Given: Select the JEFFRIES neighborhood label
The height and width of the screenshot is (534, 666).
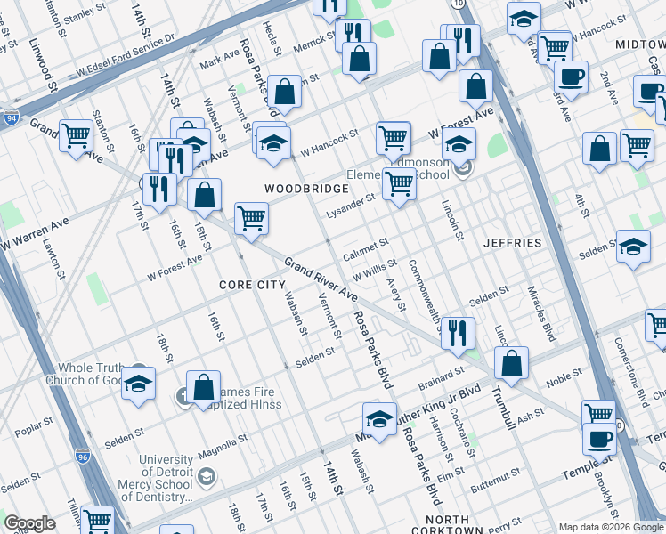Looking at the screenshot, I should (x=512, y=242).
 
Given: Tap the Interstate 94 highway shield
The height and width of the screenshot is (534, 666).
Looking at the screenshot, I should (x=11, y=117).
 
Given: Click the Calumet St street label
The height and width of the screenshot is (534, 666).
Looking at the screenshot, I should (x=366, y=244).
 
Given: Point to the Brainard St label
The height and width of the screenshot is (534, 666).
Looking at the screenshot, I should (x=443, y=377).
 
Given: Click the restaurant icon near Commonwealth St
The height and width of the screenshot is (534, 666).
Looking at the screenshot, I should (x=458, y=333).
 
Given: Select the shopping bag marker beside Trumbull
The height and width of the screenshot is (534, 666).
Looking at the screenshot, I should (x=512, y=363).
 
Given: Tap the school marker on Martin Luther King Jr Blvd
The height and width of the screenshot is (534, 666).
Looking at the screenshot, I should (x=379, y=419).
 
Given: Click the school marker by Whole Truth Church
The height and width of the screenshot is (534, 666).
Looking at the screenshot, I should (x=138, y=384).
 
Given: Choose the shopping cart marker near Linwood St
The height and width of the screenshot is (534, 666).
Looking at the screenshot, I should (x=76, y=136).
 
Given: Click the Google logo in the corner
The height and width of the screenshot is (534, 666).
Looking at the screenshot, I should (x=29, y=523).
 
